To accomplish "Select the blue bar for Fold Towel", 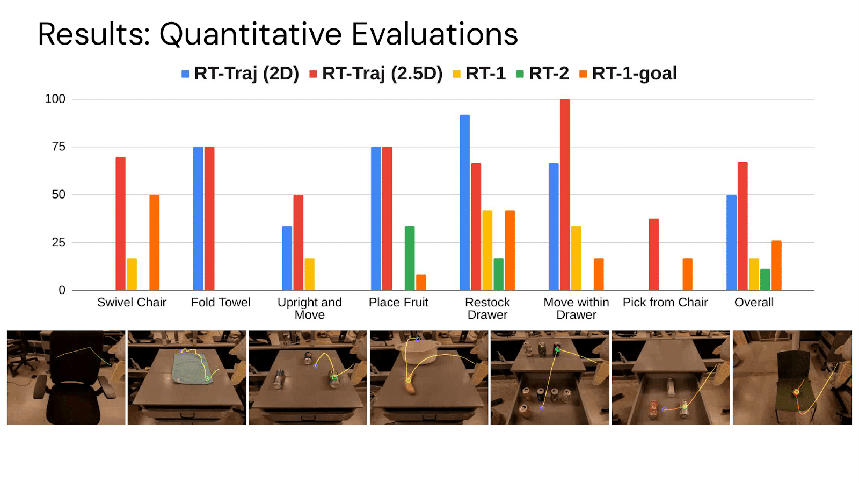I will (198, 218).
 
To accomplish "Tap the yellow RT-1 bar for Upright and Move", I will (309, 274).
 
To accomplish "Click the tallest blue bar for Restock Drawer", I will (465, 202).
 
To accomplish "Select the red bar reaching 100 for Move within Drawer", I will (565, 194).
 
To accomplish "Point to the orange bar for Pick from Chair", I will (687, 274).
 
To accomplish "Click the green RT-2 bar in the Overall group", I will (765, 279).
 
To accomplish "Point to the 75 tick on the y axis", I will (59, 147).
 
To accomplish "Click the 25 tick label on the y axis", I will (59, 242).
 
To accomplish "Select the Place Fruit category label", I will (398, 303).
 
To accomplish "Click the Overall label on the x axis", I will (754, 303).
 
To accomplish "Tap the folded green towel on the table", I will (193, 368).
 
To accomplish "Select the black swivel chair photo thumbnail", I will (66, 377).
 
